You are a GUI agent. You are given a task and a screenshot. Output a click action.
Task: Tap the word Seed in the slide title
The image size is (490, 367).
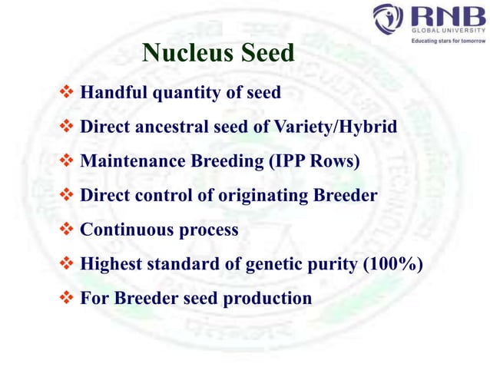[x=266, y=53]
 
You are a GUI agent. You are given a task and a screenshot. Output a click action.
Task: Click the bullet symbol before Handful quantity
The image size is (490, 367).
[x=66, y=93]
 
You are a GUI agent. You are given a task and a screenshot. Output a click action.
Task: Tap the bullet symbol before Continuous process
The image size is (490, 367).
[x=66, y=230]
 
